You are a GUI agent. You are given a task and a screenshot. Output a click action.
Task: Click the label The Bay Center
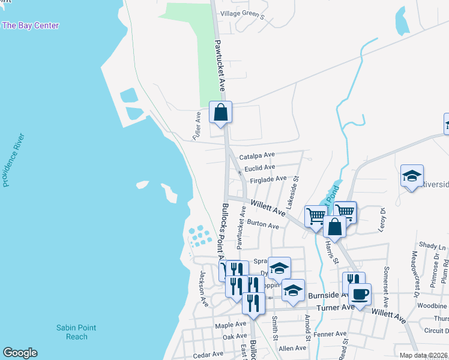pyautogui.click(x=30, y=25)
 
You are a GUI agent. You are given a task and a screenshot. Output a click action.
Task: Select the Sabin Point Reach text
pyautogui.click(x=76, y=332)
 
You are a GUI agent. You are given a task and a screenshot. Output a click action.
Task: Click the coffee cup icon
pyautogui.click(x=360, y=295)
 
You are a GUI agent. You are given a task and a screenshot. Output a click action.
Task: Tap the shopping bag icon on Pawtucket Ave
pyautogui.click(x=220, y=112)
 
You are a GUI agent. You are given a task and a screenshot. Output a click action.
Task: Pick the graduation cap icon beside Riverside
pyautogui.click(x=412, y=176)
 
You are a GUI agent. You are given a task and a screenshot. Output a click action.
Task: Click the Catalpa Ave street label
pyautogui.click(x=257, y=156)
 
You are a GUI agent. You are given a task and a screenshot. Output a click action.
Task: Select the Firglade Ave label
pyautogui.click(x=268, y=179)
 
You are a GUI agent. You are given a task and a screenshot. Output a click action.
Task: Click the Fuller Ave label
pyautogui.click(x=197, y=125)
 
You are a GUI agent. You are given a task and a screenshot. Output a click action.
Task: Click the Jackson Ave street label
pyautogui.click(x=203, y=287)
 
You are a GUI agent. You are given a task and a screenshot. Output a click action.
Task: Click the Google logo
pyautogui.click(x=20, y=353)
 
